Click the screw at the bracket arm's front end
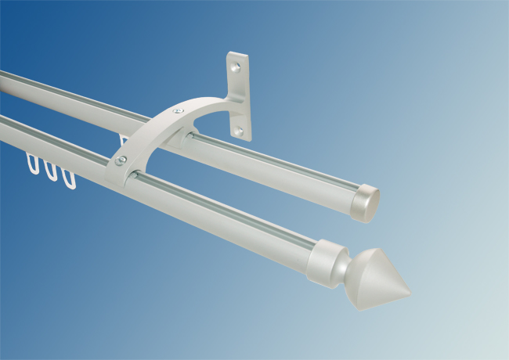click(121, 160)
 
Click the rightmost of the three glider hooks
click(69, 179)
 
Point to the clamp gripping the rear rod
click(188, 139)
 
